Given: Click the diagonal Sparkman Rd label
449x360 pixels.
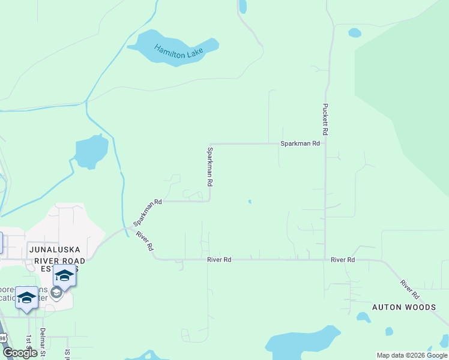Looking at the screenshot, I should click(148, 212).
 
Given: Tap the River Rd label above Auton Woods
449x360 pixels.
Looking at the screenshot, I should click(409, 289).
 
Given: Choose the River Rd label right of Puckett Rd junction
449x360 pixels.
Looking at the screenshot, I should click(343, 260).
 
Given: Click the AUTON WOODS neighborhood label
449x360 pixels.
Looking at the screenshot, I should click(404, 307).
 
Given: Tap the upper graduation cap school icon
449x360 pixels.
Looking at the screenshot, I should click(64, 275).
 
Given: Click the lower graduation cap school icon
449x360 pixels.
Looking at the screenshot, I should click(27, 298).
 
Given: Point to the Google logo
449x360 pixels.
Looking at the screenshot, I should click(20, 353).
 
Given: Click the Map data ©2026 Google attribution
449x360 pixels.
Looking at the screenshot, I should click(412, 355).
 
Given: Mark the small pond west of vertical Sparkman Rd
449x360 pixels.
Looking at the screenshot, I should click(91, 151).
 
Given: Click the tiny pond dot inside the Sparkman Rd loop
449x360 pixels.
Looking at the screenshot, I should click(250, 202).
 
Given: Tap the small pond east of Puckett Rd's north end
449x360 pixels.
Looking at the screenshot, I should click(355, 32).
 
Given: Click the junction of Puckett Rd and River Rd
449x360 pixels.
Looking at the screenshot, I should click(325, 260).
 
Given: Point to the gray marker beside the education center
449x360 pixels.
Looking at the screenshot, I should click(56, 293).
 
